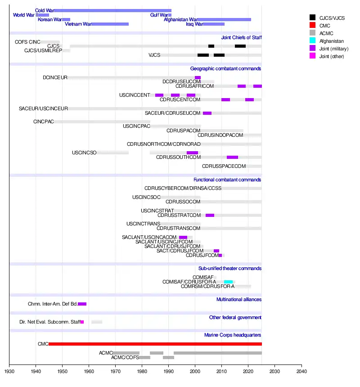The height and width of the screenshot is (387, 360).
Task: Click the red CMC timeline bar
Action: tap(155, 344)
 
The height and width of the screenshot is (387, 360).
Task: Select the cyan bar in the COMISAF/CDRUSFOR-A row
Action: tap(228, 282)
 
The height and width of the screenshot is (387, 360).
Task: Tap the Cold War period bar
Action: tap(112, 10)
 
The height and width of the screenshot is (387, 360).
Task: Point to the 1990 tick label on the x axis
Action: tap(169, 372)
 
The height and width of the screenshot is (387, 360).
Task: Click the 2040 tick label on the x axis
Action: tap(302, 372)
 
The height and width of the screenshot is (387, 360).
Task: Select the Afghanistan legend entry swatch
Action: tap(312, 41)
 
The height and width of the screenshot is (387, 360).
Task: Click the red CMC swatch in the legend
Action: tap(312, 26)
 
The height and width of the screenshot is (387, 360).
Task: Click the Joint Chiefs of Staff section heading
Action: tap(241, 38)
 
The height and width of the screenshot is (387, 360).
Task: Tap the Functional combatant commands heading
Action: tap(227, 180)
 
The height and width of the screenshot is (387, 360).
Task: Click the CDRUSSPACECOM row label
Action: tap(224, 166)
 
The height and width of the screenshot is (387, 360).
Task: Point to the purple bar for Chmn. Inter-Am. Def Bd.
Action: tap(82, 304)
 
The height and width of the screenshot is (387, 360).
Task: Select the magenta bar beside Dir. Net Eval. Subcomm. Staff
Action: tap(82, 322)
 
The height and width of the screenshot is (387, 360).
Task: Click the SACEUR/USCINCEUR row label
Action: tap(43, 109)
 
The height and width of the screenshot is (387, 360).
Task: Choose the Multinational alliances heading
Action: tap(238, 300)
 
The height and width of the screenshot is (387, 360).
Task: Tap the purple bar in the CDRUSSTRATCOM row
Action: tap(210, 215)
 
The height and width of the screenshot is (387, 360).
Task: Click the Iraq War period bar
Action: tap(213, 24)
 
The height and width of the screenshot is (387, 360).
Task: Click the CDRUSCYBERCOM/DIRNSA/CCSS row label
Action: tap(183, 189)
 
